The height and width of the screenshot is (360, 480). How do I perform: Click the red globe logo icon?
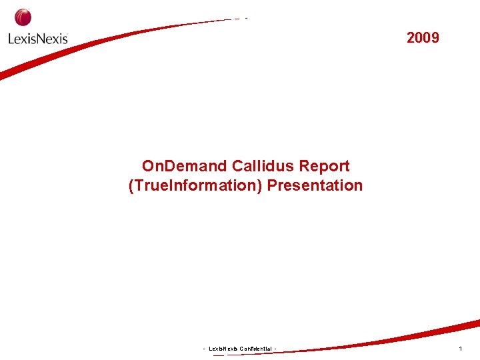click(x=23, y=17)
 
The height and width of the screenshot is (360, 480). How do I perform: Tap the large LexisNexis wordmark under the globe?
click(x=38, y=38)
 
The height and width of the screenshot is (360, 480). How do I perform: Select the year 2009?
click(x=423, y=38)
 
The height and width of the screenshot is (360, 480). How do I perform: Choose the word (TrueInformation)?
click(x=195, y=185)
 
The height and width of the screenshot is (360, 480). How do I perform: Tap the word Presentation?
click(x=315, y=185)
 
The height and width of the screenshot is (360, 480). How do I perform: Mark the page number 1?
click(x=460, y=349)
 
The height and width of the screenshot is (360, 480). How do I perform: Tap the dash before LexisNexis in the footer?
click(x=204, y=349)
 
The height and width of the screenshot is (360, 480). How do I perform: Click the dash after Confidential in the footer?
click(x=275, y=349)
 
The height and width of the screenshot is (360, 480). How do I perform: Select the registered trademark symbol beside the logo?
click(x=67, y=35)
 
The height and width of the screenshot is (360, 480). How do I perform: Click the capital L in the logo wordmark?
click(x=11, y=38)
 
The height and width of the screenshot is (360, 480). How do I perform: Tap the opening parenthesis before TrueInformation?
click(x=131, y=185)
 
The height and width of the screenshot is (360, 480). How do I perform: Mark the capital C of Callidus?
click(x=237, y=166)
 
